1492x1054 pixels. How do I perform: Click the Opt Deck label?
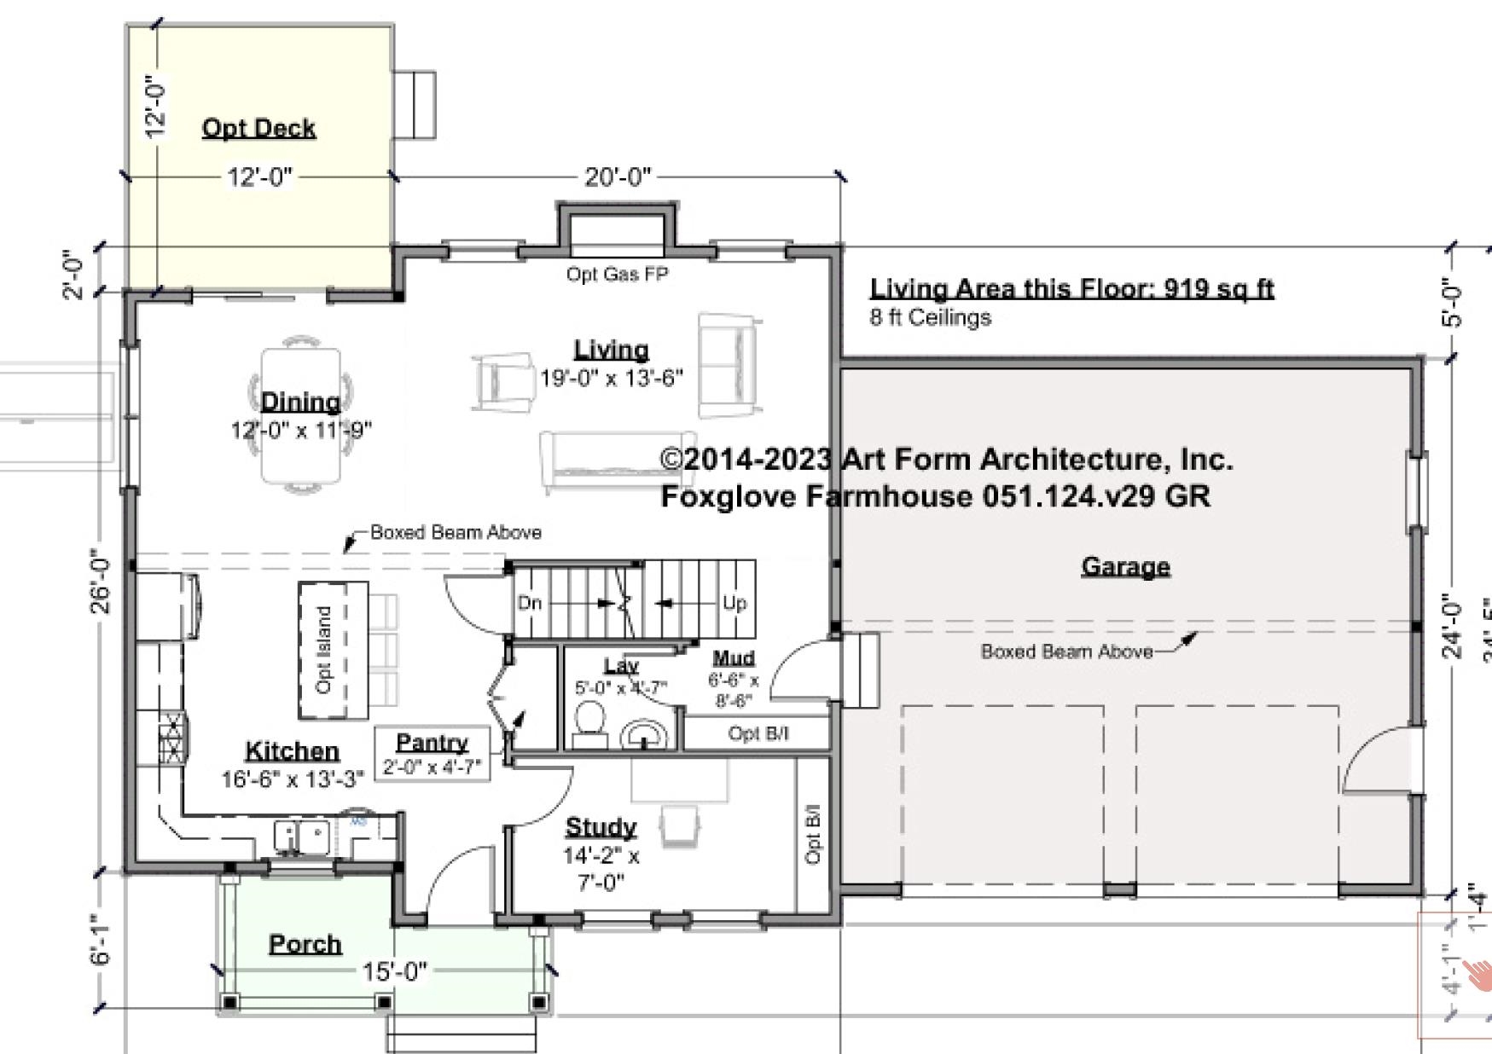point(258,128)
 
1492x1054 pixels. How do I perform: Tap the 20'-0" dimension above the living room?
point(618,177)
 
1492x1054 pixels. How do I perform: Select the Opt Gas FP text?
point(617,275)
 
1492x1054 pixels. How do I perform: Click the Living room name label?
point(611,350)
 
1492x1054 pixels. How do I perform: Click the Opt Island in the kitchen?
point(332,650)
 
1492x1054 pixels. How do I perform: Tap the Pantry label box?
point(433,753)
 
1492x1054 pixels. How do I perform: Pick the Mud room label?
point(734,658)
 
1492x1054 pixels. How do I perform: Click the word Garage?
point(1125,566)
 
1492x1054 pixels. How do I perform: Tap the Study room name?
point(601,827)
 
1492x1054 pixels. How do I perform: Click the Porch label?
point(305,944)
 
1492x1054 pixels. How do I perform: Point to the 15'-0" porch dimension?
point(394,971)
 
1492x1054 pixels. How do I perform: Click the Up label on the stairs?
point(734,603)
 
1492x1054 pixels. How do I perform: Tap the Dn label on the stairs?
point(530,603)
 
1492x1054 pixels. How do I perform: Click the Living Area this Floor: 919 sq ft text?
point(1071,288)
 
